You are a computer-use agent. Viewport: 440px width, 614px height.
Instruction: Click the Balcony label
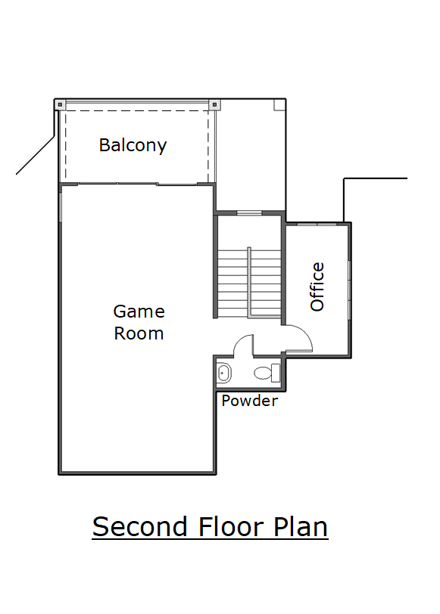tap(133, 146)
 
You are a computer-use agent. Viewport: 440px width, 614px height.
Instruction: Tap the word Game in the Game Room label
tap(139, 312)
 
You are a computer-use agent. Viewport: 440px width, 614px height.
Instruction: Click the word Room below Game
tap(139, 333)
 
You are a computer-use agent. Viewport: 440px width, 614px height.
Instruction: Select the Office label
tap(317, 287)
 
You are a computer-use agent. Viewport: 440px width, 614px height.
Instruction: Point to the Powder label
tap(250, 401)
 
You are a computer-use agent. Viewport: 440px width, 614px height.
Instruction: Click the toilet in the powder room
tap(267, 373)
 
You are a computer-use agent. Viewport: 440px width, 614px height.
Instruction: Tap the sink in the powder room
tap(224, 373)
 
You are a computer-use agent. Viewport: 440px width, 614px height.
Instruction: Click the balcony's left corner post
tap(60, 105)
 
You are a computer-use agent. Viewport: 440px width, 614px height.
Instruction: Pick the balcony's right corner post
tap(214, 105)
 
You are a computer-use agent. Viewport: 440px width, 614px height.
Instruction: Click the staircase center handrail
tap(249, 282)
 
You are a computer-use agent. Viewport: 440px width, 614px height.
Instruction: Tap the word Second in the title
tap(139, 527)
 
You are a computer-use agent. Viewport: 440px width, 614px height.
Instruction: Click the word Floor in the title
tap(230, 527)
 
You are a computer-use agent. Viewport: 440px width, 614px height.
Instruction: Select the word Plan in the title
tap(301, 527)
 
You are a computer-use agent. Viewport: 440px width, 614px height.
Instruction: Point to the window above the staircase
tap(249, 213)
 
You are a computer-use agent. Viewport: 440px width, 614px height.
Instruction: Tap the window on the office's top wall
tap(317, 224)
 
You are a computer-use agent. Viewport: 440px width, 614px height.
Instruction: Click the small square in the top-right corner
tap(279, 105)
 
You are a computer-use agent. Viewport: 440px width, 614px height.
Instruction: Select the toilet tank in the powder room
tap(276, 373)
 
